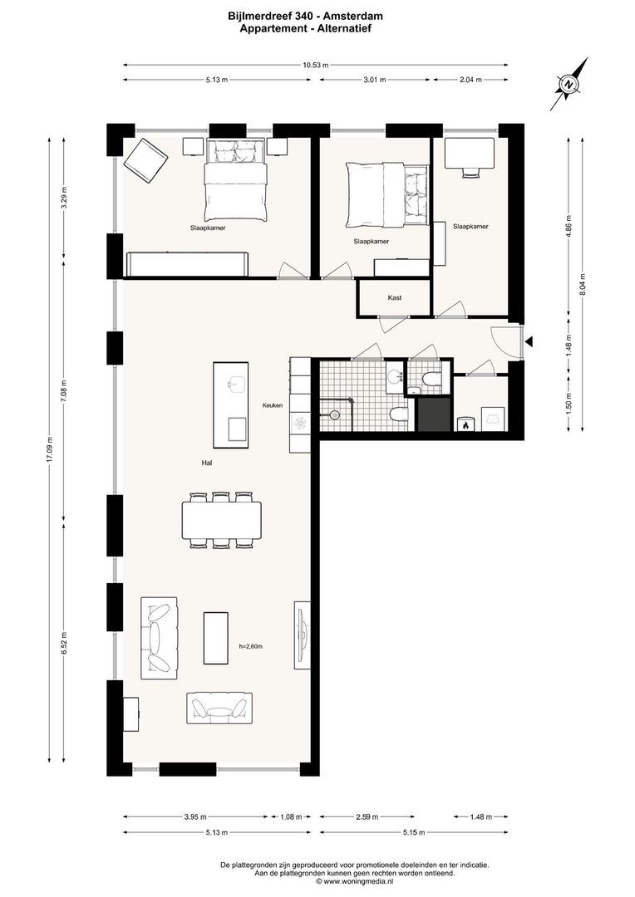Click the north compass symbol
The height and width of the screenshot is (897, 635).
[569, 84]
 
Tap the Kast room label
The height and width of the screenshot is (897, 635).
[395, 297]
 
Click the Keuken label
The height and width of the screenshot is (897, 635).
[273, 405]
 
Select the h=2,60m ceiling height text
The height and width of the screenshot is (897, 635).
[250, 645]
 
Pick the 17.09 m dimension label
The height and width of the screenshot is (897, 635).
[49, 450]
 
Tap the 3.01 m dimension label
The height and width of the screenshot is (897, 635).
[376, 80]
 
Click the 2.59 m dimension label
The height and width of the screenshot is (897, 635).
[367, 816]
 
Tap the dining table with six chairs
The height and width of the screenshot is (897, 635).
[221, 521]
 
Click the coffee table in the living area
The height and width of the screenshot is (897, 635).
[216, 638]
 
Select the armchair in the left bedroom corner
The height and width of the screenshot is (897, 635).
[145, 160]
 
